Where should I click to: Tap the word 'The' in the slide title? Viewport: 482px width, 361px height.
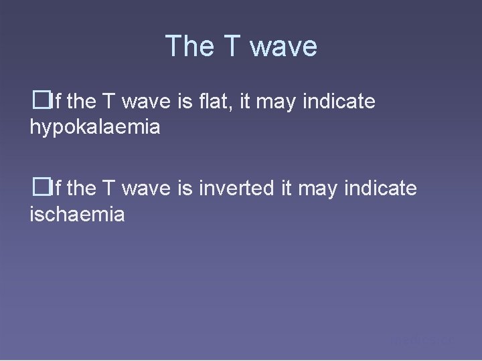click(x=188, y=47)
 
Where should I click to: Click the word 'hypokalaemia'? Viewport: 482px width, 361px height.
click(x=95, y=127)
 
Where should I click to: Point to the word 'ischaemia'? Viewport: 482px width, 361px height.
click(x=77, y=215)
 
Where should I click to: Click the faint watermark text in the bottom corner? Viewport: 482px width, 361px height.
click(x=422, y=340)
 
